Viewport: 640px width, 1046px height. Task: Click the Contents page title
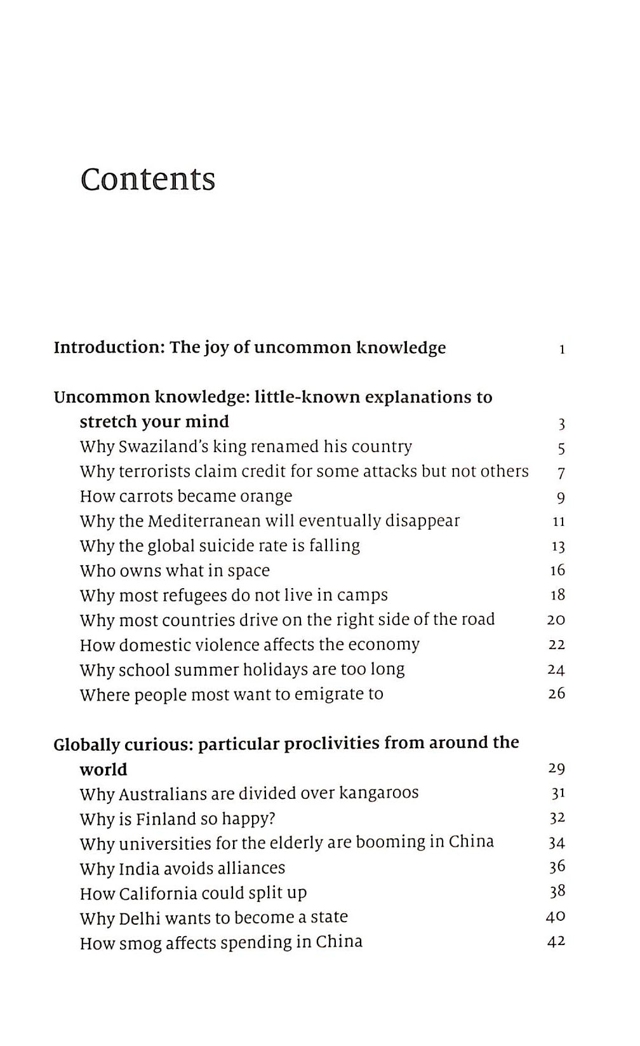[x=148, y=180]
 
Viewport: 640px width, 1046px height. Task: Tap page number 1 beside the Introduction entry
[x=562, y=349]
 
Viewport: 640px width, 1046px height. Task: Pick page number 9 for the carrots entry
[x=561, y=498]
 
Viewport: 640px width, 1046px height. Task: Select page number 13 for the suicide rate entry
[x=558, y=547]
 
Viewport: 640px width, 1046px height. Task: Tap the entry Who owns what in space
[x=175, y=571]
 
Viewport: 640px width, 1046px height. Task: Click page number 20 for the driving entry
[x=556, y=620]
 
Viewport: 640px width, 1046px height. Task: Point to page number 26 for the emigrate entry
[x=557, y=694]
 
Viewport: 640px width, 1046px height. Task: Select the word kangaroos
[x=379, y=793]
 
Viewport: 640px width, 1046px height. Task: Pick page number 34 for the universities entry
[x=557, y=843]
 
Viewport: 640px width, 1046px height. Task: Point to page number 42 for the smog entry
[x=556, y=942]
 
